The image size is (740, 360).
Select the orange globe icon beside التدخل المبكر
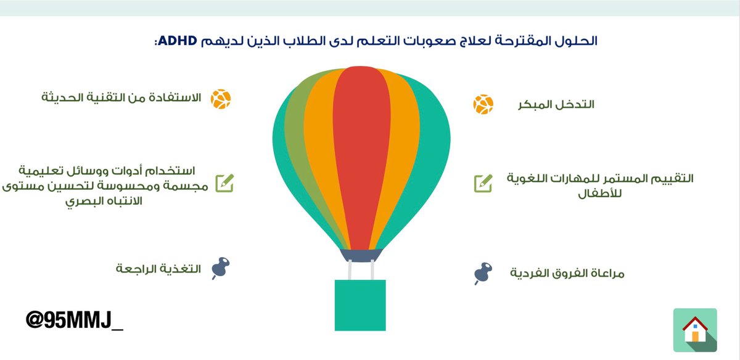pos(483,104)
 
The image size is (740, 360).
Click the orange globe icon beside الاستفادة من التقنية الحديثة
pos(220,99)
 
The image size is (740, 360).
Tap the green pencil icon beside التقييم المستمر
pos(483,183)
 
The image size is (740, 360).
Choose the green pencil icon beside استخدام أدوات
pos(224,183)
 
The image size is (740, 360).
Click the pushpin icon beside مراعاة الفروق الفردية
pos(483,273)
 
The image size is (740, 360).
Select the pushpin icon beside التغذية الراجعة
pos(220,268)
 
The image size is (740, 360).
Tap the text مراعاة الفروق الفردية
pos(567,273)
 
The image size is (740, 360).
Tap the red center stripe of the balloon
pos(362,154)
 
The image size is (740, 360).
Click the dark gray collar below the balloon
pos(361,254)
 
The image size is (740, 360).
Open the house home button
pos(695,330)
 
